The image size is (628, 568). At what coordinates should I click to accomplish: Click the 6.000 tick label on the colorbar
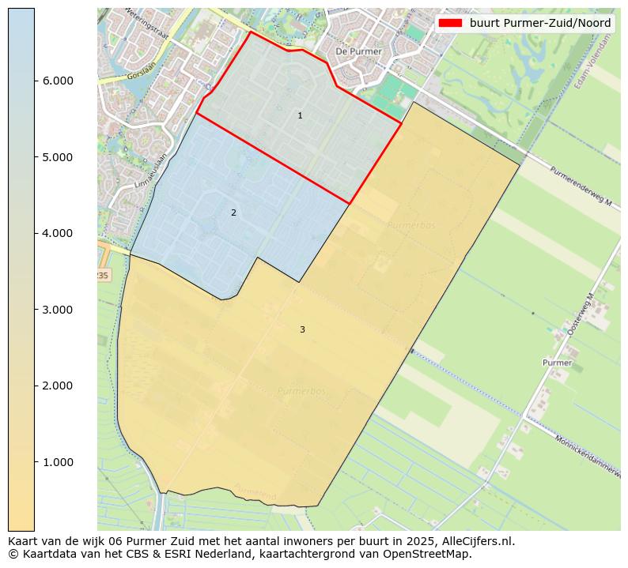tap(56, 81)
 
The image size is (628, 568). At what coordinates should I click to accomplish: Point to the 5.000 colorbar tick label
tap(56, 157)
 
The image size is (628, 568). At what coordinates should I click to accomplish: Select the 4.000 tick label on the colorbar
tap(56, 233)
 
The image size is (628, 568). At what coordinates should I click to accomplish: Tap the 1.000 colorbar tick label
tap(56, 462)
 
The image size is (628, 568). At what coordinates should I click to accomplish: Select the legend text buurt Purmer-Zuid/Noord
tap(539, 23)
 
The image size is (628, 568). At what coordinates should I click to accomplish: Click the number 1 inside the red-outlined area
tap(300, 116)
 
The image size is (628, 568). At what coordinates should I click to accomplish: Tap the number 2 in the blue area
tap(233, 213)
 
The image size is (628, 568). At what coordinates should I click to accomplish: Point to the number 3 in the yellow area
tap(302, 329)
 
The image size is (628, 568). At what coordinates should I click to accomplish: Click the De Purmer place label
tap(358, 51)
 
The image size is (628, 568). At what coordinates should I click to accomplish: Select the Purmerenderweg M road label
tap(581, 186)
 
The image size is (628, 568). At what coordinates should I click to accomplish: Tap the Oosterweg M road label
tap(581, 314)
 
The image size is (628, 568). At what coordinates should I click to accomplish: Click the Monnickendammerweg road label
tap(588, 453)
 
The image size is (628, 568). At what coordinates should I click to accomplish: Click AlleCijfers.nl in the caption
tap(477, 542)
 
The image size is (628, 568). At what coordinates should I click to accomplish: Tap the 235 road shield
tap(101, 274)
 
